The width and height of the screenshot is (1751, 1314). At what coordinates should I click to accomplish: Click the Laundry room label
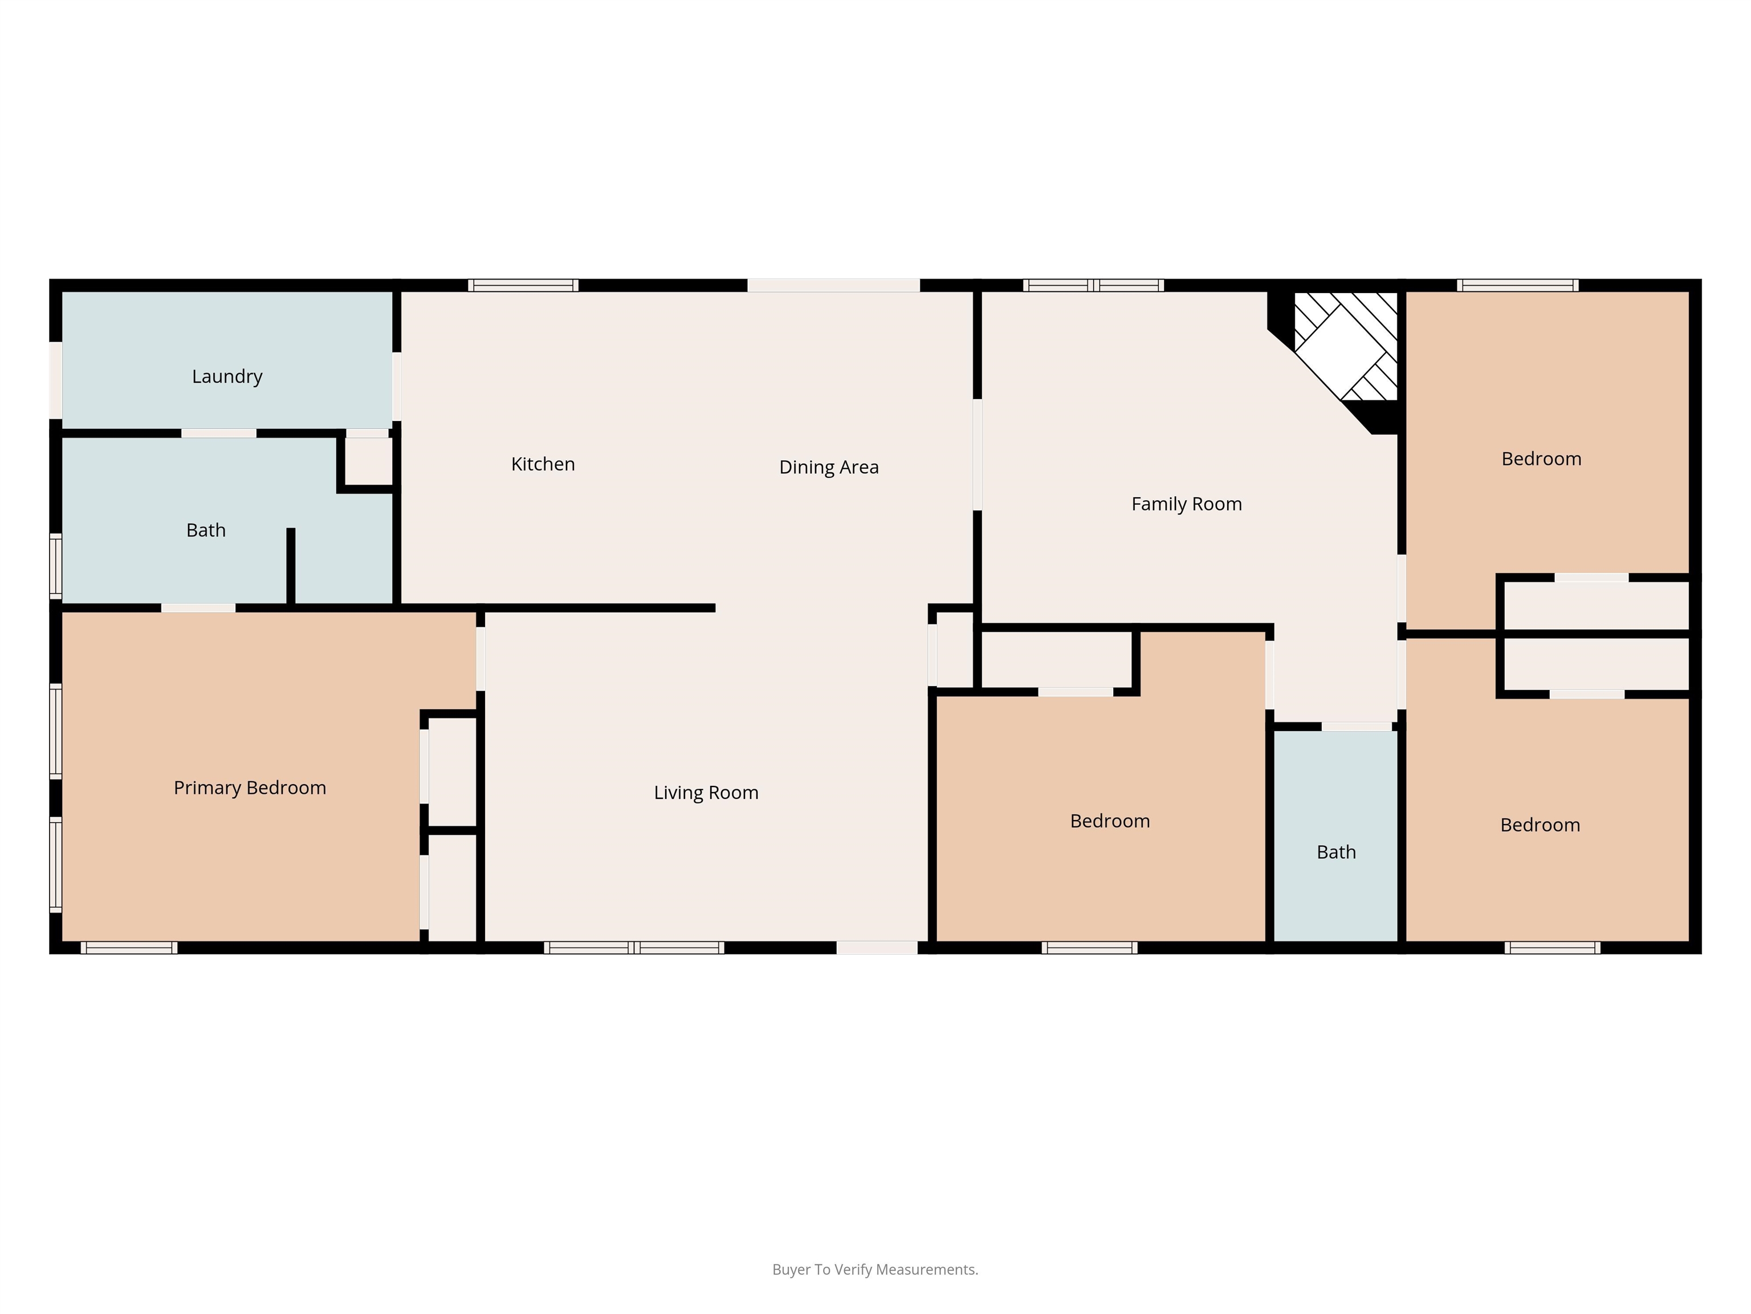click(227, 377)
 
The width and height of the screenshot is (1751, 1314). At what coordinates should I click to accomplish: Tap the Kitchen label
click(543, 464)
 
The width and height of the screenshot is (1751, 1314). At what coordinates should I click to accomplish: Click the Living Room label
click(706, 793)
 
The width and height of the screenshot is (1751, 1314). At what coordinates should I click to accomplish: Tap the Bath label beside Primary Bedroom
click(206, 530)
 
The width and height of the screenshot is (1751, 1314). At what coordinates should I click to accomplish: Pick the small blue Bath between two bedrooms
click(1335, 836)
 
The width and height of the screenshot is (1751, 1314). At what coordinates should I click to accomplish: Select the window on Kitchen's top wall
click(523, 285)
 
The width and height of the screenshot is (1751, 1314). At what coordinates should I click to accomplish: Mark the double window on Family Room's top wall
click(1093, 285)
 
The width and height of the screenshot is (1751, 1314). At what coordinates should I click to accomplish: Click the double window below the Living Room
click(634, 947)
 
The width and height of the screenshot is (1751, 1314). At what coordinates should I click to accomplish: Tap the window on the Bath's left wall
click(55, 566)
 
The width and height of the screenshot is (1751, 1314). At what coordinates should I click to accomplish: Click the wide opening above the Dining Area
click(833, 285)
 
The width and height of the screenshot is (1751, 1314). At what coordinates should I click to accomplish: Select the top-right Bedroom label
click(1541, 459)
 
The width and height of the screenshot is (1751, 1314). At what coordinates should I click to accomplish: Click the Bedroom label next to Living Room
click(1110, 821)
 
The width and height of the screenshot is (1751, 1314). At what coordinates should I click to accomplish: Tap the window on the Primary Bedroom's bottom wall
click(129, 947)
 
